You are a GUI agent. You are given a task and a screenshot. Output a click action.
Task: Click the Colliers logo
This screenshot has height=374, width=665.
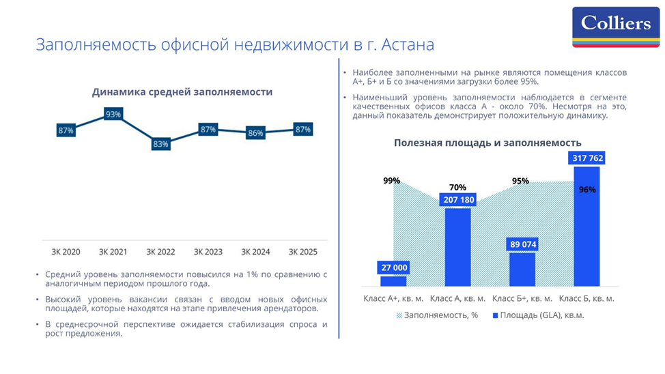[x=616, y=26]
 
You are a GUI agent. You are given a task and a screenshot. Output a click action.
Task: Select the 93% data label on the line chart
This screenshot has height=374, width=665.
[x=113, y=114]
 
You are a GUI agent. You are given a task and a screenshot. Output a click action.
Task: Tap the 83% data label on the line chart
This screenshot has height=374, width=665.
[x=160, y=144]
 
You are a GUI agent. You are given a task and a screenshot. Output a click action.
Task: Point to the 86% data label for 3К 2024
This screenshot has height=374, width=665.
[x=255, y=133]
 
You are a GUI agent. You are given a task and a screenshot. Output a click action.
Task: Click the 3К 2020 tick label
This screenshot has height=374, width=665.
[x=66, y=252]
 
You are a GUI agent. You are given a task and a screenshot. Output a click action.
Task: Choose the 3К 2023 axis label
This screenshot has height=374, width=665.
[x=208, y=252]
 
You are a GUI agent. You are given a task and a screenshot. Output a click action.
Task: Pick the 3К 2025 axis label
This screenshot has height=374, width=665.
[x=303, y=252]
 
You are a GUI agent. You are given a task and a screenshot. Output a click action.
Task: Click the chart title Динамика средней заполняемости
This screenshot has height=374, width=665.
[x=182, y=92]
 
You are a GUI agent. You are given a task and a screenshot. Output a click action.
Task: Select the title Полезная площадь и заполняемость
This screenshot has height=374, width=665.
[x=487, y=143]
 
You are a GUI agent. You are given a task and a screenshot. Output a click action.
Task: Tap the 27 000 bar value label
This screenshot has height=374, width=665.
[x=393, y=268]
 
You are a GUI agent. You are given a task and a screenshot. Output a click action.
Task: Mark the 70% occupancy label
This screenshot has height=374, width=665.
[x=457, y=187]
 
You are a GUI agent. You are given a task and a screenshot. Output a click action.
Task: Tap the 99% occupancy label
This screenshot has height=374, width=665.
[x=392, y=181]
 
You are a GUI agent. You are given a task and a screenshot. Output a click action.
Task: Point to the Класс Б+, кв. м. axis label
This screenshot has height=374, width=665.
[x=522, y=298]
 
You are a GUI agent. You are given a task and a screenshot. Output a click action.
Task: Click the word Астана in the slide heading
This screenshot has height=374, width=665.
[x=408, y=45]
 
